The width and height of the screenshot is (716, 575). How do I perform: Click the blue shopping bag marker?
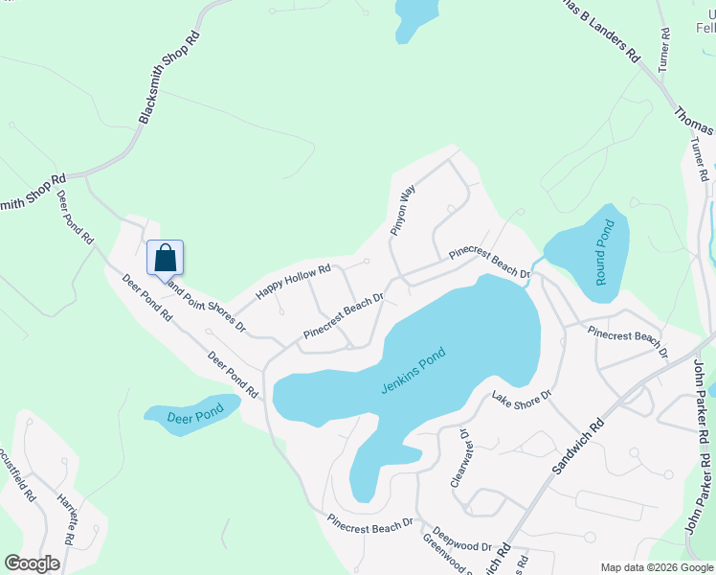point(165,257)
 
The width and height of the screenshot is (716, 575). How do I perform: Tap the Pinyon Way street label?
point(403,210)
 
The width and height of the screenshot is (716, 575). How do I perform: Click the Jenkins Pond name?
point(414,372)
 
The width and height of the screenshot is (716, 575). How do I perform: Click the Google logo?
point(32,563)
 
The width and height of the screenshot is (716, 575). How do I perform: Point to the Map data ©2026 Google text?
point(656,566)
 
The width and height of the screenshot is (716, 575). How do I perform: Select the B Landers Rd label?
point(599,31)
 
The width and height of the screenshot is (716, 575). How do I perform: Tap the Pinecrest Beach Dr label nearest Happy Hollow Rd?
point(344,316)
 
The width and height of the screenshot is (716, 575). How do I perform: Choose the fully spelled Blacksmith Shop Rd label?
point(170,77)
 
